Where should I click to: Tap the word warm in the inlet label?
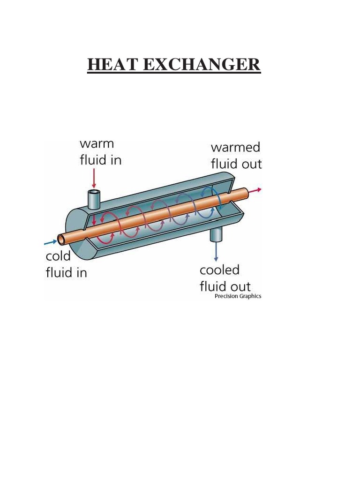[97, 143]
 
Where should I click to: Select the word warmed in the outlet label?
[235, 147]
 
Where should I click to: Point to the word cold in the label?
[58, 256]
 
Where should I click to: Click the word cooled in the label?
[219, 270]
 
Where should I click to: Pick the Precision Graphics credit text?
[238, 296]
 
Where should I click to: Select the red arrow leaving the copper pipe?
[255, 189]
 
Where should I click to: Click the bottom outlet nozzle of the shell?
[216, 234]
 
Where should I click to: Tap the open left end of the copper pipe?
[61, 240]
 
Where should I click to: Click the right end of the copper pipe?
[245, 191]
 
